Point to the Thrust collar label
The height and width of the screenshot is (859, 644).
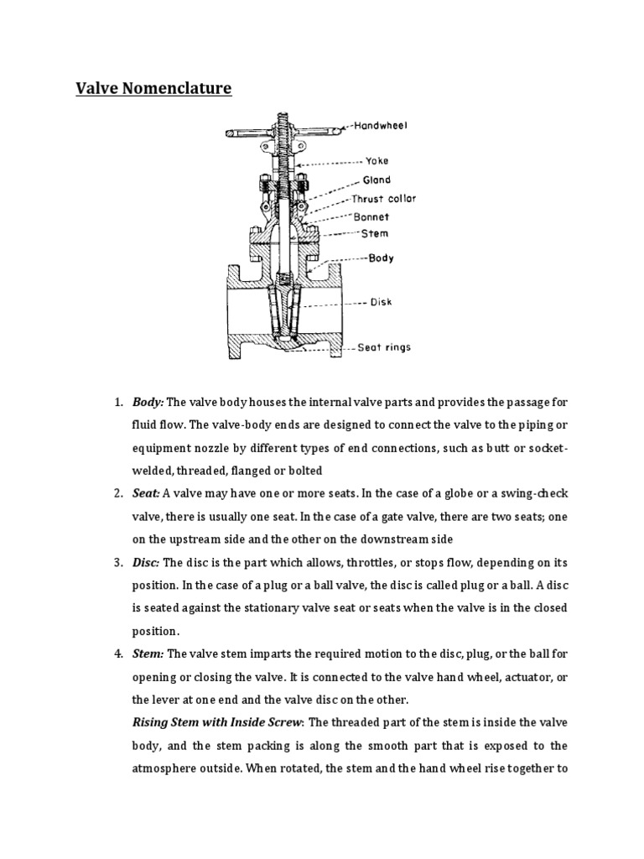383,199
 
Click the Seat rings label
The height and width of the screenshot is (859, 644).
383,347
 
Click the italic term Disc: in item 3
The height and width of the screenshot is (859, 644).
146,561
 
